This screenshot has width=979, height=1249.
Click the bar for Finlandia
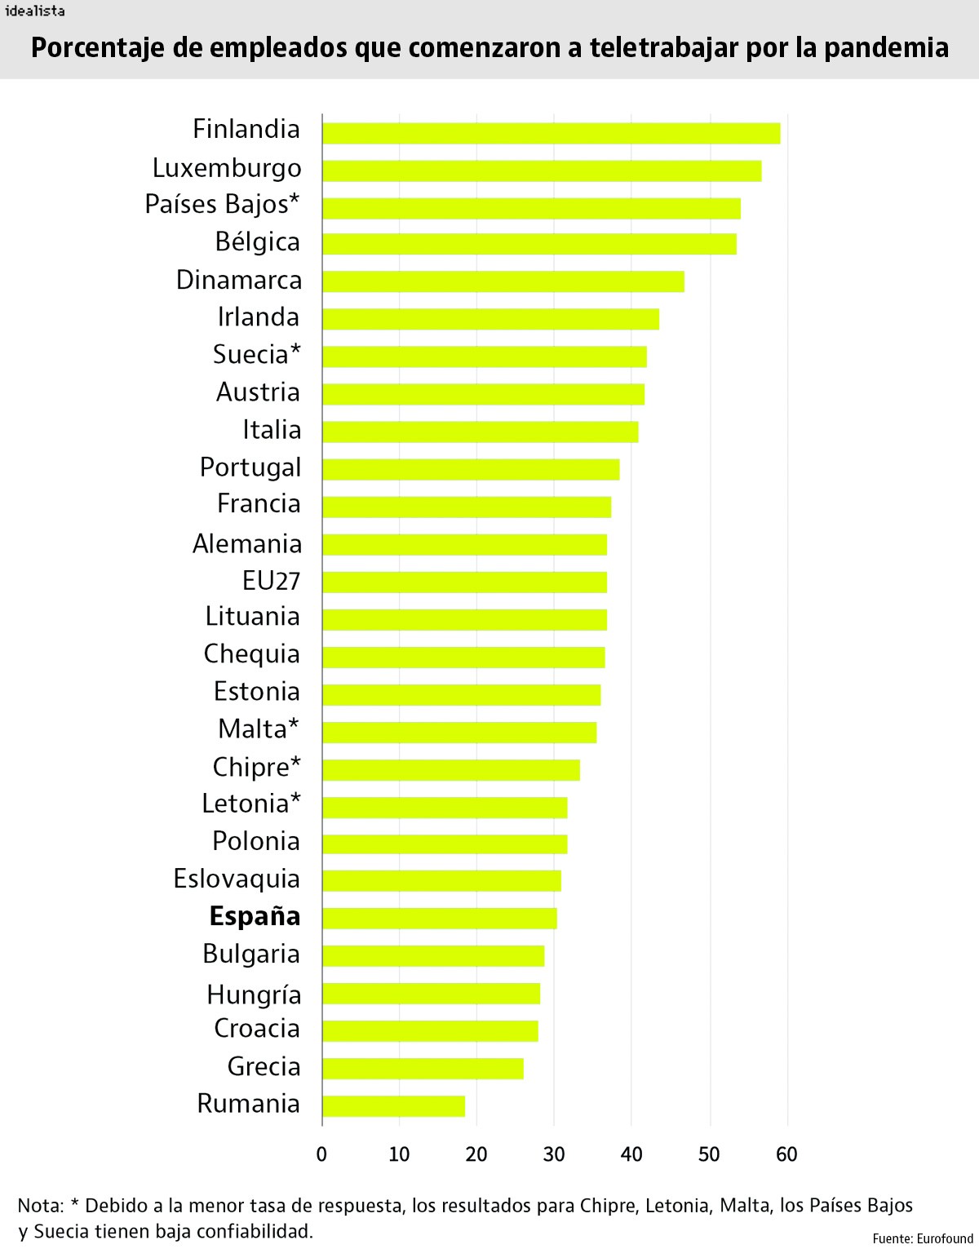551,133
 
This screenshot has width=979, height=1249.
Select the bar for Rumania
393,1106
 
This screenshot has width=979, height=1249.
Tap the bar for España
439,919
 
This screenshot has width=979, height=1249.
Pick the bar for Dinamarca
503,281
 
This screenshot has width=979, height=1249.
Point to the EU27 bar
464,582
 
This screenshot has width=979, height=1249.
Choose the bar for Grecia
423,1069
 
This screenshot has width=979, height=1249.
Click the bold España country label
255,917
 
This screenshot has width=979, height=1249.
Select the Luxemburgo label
227,168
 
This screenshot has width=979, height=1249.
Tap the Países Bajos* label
223,205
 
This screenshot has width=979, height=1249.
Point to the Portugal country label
250,467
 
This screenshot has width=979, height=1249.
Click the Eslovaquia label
237,879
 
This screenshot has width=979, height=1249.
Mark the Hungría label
254,994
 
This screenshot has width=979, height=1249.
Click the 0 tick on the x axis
321,1154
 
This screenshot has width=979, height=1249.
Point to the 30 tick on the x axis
554,1154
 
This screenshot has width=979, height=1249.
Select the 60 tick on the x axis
786,1154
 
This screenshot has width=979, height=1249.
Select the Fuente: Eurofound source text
922,1238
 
